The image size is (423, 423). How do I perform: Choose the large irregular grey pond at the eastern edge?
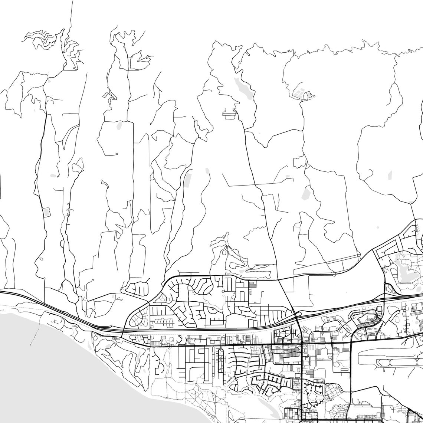[x=404, y=273]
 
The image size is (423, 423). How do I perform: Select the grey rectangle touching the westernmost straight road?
[x=46, y=212]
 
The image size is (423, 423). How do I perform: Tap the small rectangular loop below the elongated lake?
[x=229, y=114]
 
